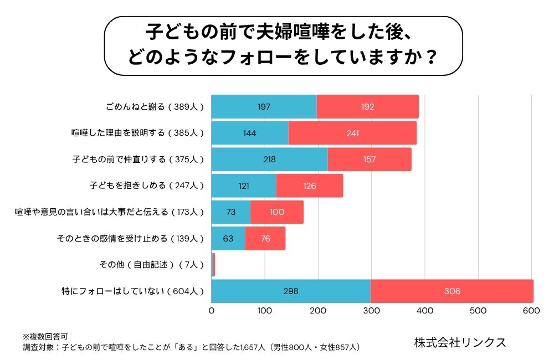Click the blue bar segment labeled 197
pos(264,106)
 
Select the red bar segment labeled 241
pos(352,133)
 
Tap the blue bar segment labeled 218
pos(269,160)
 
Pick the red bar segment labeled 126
pos(309,186)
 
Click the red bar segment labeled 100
pos(277,212)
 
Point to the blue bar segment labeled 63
pos(228,239)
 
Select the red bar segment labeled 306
pos(452,291)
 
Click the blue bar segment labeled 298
pos(291,291)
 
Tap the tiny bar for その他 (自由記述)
pos(213,265)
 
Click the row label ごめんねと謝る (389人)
pos(155,106)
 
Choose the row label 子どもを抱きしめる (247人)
pos(147,186)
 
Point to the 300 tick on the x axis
pos(371,311)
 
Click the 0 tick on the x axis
pos(212,311)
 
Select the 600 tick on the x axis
pos(531,311)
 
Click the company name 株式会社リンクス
pos(460,342)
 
